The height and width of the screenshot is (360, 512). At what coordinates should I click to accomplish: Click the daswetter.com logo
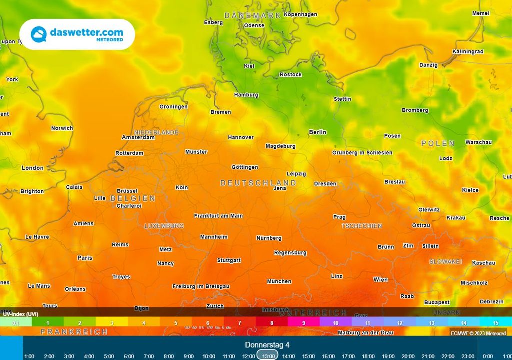(77, 34)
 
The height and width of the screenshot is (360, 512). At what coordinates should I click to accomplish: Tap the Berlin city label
(317, 132)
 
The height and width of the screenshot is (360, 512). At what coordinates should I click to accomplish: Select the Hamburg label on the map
(246, 95)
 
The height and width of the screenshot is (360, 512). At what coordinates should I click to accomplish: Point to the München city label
(279, 282)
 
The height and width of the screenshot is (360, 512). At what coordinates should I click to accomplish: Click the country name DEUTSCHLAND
(258, 183)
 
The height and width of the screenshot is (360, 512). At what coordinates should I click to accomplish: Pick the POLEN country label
(438, 143)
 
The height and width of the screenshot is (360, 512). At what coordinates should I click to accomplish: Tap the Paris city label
(85, 258)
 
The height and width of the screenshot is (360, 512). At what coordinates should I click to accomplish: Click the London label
(32, 168)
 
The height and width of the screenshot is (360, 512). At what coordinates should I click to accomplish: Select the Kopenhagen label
(300, 15)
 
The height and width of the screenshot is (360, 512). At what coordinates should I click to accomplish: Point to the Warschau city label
(478, 142)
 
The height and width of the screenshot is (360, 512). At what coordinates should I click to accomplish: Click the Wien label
(380, 280)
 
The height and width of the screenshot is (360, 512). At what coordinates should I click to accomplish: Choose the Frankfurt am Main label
(218, 216)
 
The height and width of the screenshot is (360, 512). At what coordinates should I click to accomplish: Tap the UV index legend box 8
(272, 323)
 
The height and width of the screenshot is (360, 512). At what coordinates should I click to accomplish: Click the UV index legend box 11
(368, 323)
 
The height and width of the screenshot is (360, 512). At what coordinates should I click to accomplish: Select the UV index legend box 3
(112, 323)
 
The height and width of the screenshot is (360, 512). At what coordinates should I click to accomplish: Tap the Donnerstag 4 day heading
(267, 345)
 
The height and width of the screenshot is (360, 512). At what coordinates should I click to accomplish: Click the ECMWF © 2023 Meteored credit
(478, 333)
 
